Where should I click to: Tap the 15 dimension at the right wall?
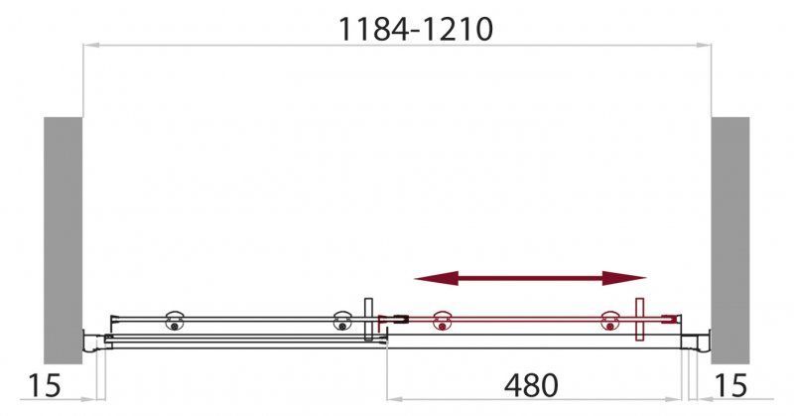point(731,384)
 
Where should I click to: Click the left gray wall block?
point(63,238)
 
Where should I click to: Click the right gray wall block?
point(729,238)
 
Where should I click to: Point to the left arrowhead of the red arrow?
point(425,279)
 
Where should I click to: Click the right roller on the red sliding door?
point(608,320)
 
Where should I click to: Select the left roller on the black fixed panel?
point(176,319)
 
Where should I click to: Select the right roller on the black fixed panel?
point(342,319)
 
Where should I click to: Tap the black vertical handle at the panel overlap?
point(368,320)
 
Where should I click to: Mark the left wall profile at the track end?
point(92,340)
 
